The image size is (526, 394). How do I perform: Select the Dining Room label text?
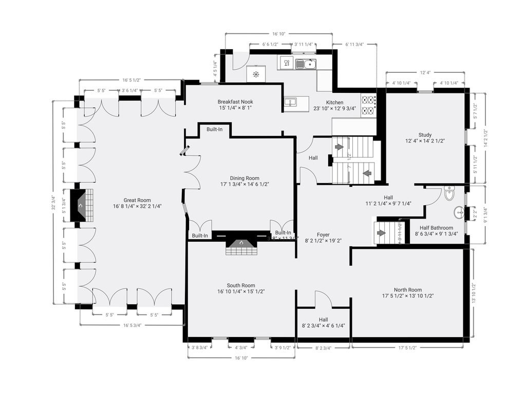coord(245,178)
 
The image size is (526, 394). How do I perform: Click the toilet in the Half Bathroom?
coord(449,194)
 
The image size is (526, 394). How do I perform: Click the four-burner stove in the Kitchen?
coord(369,105)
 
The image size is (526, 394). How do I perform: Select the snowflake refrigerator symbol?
coord(256,74)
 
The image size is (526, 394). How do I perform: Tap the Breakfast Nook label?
coord(235,102)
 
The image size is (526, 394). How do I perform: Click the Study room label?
coord(425,135)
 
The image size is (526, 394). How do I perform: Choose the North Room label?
coord(408,289)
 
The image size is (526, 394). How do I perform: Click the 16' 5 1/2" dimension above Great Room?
coord(131,80)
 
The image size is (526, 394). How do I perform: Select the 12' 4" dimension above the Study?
coord(425,73)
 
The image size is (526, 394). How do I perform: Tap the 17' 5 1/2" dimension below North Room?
coord(406,347)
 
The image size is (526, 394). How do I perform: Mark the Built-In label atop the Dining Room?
coord(215,129)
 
